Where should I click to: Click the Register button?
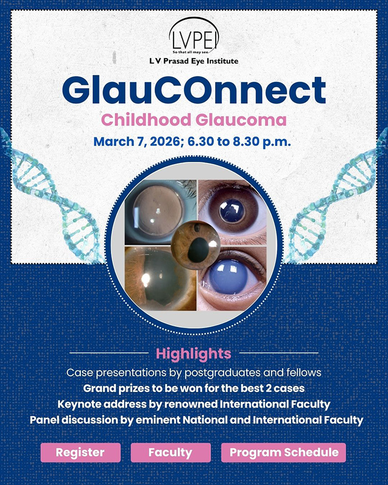coord(80,452)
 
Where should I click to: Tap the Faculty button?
coord(171,452)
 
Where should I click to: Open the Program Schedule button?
coord(283,452)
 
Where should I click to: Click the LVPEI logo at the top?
coord(194,35)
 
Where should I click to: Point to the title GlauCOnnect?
coord(194,90)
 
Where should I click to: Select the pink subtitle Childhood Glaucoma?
coord(194,120)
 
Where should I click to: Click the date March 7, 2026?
coord(136,142)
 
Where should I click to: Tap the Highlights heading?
coord(193,354)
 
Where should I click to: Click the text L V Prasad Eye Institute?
coord(194,61)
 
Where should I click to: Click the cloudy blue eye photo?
coord(232,279)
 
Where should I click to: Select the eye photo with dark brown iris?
coord(232,212)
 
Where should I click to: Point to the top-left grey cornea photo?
coord(160,212)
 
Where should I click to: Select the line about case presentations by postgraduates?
coord(194,372)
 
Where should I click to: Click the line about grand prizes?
coord(194,389)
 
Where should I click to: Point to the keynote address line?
coord(194,404)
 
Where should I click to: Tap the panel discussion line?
coord(196,420)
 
